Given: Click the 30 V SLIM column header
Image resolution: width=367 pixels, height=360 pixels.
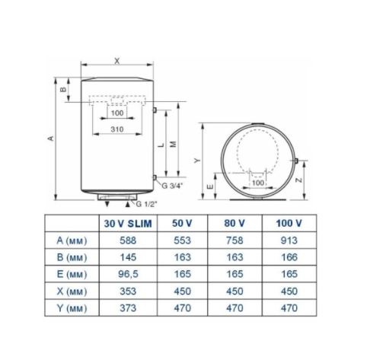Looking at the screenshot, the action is pos(128,224).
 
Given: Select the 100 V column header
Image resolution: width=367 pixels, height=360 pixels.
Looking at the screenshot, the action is pos(289,223).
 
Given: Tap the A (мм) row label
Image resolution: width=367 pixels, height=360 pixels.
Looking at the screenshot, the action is pos(72,241).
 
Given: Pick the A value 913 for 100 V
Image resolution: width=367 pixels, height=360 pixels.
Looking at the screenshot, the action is pos(289,241).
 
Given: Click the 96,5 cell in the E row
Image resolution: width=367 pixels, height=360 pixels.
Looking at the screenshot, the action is pos(128,274).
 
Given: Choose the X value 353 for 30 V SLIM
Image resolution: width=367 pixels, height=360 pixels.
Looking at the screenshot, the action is pos(128,292).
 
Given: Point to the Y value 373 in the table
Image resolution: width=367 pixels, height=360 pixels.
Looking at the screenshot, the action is pos(128,308).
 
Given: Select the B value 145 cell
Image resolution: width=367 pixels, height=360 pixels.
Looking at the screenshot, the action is pos(128,257).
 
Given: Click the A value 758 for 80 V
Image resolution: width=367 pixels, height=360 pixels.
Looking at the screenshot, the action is pos(235,241).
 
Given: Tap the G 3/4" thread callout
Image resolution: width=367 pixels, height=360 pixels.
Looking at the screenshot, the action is pos(172,186).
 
